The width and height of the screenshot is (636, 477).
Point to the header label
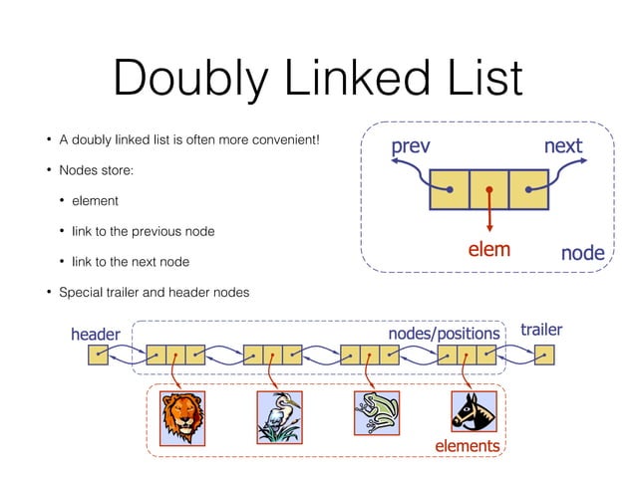click(x=95, y=335)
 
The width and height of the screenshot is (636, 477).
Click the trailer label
click(x=541, y=329)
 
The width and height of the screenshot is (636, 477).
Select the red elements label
click(x=467, y=445)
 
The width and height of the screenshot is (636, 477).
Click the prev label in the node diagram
click(x=410, y=146)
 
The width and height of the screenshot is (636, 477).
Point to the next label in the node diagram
click(x=563, y=146)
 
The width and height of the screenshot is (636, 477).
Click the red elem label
click(x=489, y=250)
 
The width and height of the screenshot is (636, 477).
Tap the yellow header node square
click(x=98, y=355)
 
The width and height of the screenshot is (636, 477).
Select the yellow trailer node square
click(x=543, y=354)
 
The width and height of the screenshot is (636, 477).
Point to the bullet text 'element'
click(x=95, y=201)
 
